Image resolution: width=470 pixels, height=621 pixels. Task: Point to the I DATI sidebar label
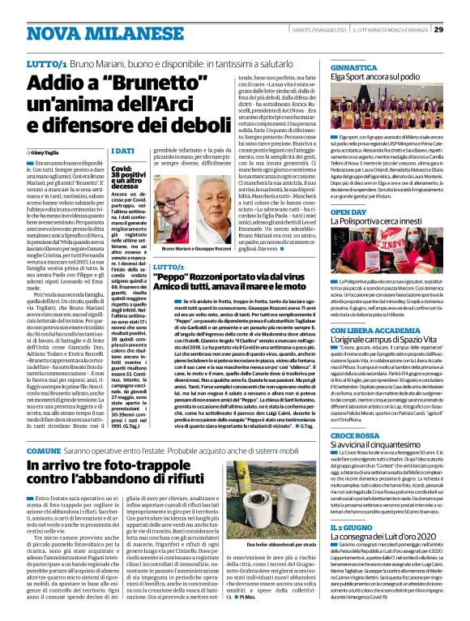tap(122, 152)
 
